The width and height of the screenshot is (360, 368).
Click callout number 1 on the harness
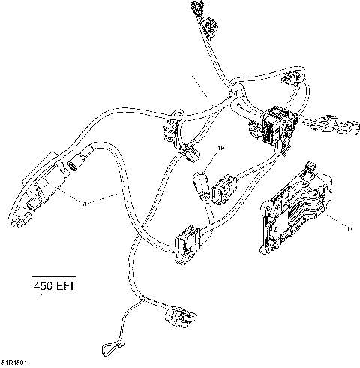(x=193, y=77)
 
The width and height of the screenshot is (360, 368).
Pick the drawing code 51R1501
(x=16, y=361)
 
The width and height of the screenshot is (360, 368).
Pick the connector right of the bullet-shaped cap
(x=224, y=189)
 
